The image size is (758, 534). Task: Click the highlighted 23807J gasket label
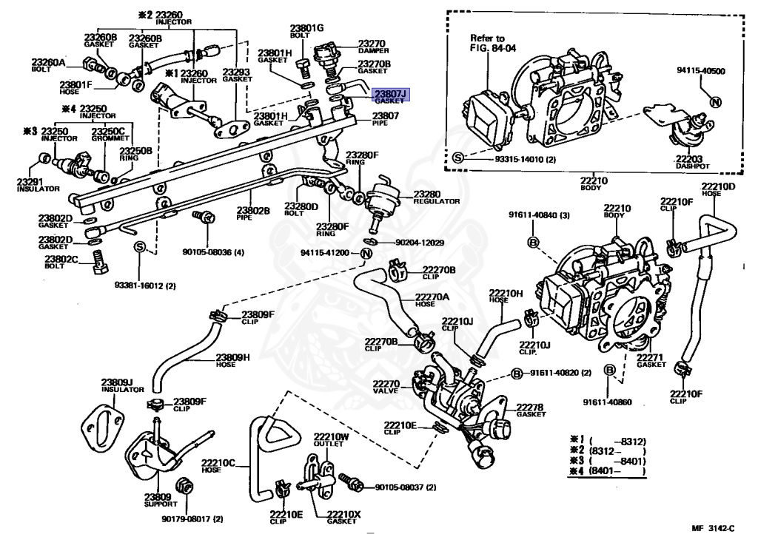coord(390,96)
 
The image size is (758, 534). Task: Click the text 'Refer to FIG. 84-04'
coord(488,43)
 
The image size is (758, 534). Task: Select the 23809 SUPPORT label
coord(158,500)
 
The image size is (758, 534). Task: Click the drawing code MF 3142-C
coord(713,527)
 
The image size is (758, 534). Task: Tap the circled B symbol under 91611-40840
coord(532,242)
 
